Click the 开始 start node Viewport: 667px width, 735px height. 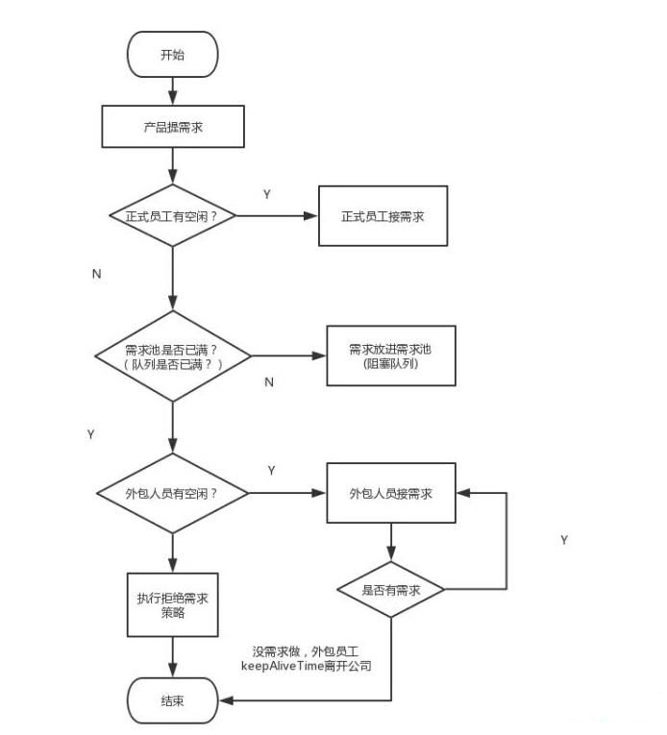[x=172, y=55]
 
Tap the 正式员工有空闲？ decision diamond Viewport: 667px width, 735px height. [x=172, y=215]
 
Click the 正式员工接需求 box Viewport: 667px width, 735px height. [x=383, y=215]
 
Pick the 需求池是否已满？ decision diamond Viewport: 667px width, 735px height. [x=173, y=355]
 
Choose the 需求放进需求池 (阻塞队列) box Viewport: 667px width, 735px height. [x=390, y=355]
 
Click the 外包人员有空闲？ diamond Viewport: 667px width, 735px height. [x=172, y=493]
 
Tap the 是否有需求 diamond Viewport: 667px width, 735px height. [x=390, y=590]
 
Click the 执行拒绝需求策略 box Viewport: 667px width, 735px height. [x=173, y=605]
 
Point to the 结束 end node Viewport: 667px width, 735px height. [x=174, y=700]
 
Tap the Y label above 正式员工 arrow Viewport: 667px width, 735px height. [x=267, y=194]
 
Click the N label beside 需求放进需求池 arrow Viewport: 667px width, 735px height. [x=269, y=382]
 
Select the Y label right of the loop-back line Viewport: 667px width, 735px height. [x=564, y=540]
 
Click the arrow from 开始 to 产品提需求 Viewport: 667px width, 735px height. [x=172, y=92]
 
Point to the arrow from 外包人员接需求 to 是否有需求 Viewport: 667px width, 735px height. [x=390, y=544]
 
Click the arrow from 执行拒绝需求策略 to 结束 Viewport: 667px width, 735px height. [x=173, y=658]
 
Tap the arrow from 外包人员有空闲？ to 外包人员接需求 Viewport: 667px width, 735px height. [x=287, y=493]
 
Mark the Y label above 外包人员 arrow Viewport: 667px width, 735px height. [x=272, y=471]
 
